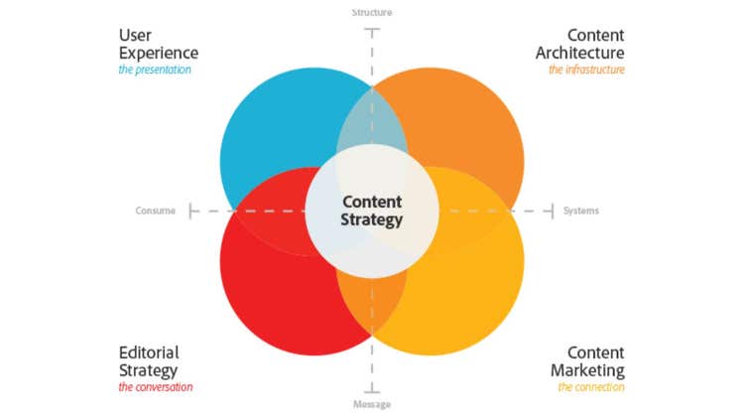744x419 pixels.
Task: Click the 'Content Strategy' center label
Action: coord(371,210)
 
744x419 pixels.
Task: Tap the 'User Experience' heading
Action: coord(158,44)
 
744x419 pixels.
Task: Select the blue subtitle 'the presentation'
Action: coord(155,70)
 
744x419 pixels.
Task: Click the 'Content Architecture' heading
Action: coord(580,44)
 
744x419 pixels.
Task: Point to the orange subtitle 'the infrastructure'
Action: coord(586,70)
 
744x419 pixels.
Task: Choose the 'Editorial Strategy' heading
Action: coord(150,361)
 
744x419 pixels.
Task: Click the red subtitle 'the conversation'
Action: coord(156,387)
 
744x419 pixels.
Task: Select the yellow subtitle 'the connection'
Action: coord(591,387)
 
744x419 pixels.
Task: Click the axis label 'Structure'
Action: coord(372,13)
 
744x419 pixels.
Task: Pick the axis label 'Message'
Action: coord(372,405)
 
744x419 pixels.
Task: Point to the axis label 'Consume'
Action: coord(156,210)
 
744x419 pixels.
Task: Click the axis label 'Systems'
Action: coord(581,210)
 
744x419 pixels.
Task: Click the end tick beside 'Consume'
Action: coord(191,210)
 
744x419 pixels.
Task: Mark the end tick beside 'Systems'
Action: coord(552,210)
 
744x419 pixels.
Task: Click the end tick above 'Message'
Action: coord(372,388)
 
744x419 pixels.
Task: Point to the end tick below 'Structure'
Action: coord(372,31)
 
